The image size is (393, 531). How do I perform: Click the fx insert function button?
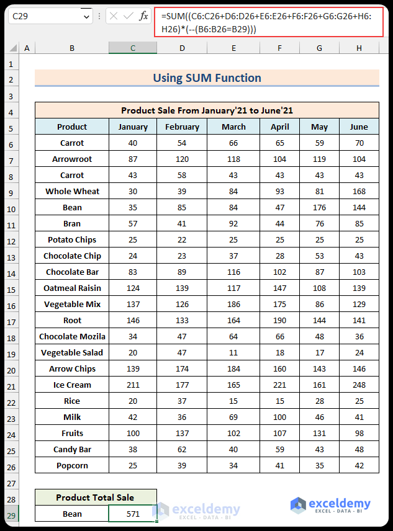click(x=143, y=16)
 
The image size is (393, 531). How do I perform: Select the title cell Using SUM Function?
click(x=207, y=78)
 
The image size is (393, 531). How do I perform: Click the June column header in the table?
click(x=359, y=127)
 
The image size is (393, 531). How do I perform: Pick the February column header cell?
click(x=182, y=127)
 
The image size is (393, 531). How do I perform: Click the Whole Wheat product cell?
click(x=72, y=191)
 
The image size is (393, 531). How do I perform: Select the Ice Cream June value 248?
click(x=359, y=385)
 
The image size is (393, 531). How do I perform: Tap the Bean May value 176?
click(x=319, y=207)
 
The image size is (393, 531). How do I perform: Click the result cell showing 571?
click(x=133, y=514)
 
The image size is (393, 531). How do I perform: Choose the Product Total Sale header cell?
click(x=96, y=498)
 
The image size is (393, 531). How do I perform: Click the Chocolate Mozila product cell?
click(x=72, y=336)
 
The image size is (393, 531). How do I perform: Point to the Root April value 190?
click(x=279, y=320)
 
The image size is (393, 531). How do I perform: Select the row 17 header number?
click(x=11, y=320)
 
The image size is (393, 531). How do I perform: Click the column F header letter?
click(x=279, y=48)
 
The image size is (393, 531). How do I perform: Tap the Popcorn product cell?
click(x=72, y=465)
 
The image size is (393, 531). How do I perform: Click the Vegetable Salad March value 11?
click(x=233, y=352)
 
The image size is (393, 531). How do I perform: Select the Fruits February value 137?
click(x=182, y=433)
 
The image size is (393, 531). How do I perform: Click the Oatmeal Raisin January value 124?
click(x=133, y=288)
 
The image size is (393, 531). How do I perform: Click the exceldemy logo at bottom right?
click(x=330, y=505)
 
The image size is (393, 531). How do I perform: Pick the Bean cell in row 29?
click(x=72, y=514)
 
